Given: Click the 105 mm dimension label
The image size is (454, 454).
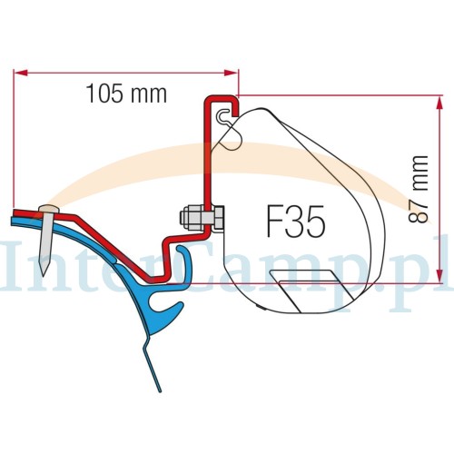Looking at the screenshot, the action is click(126, 94).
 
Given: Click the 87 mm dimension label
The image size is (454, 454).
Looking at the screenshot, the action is click(419, 190).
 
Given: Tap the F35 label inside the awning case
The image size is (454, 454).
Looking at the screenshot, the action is click(296, 222).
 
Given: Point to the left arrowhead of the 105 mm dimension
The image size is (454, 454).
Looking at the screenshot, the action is click(21, 73).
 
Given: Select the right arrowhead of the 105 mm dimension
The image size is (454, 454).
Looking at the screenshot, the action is click(231, 73).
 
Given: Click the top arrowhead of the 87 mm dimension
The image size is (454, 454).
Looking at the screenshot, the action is click(440, 103).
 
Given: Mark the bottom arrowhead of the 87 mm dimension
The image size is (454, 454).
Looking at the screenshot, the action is click(440, 276).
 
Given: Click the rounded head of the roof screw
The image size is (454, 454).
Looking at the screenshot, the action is click(49, 209).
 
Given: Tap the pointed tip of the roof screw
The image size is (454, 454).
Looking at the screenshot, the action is click(44, 275).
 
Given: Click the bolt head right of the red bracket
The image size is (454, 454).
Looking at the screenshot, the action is click(218, 219).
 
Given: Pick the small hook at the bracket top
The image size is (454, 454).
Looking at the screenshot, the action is click(223, 116).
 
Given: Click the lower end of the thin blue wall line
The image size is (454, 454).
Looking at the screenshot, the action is click(159, 390).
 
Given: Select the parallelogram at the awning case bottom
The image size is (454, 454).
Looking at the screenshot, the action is click(312, 291).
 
